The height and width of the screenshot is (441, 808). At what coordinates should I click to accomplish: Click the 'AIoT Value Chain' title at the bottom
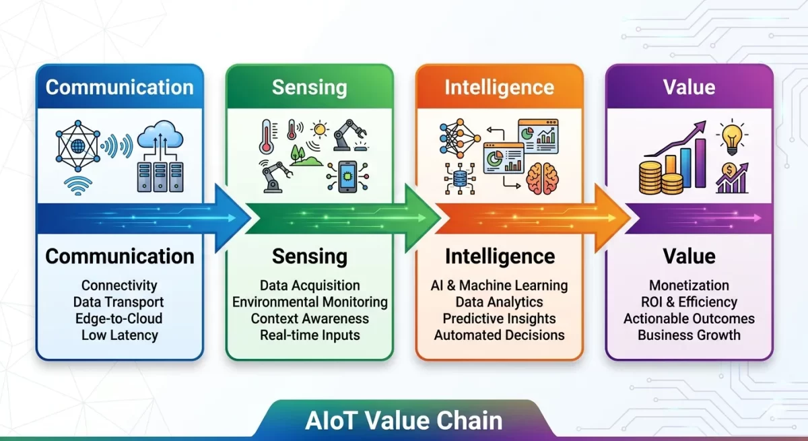click(x=403, y=421)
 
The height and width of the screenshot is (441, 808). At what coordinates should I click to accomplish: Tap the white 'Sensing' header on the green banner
click(x=310, y=88)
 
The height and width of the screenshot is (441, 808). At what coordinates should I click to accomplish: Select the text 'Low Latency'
click(x=120, y=335)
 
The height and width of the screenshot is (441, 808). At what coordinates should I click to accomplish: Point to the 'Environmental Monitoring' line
click(x=310, y=302)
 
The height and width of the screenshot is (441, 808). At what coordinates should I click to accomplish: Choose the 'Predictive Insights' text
click(x=499, y=318)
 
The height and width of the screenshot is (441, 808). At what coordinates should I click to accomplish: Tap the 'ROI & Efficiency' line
click(x=689, y=302)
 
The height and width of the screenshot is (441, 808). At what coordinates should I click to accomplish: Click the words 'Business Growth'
click(x=689, y=335)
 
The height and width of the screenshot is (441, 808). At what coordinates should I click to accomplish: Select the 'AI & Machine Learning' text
click(x=499, y=285)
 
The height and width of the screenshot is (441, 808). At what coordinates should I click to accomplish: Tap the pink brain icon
click(x=545, y=179)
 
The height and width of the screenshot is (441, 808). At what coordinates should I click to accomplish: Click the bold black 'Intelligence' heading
click(x=500, y=257)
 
